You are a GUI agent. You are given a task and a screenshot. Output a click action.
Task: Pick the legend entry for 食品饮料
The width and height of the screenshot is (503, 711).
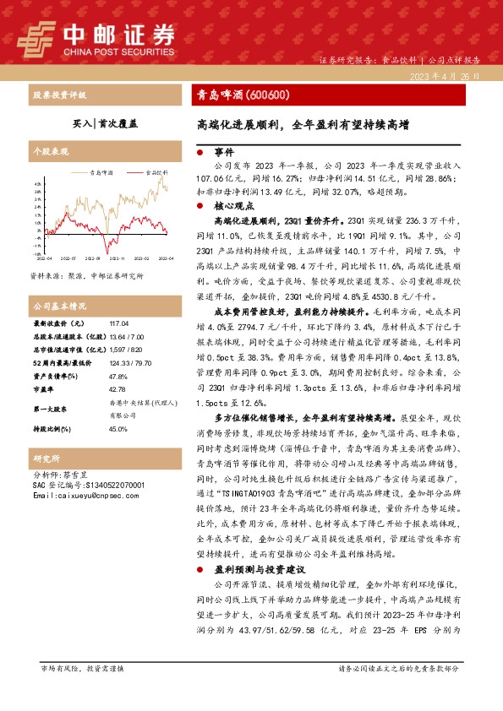154,171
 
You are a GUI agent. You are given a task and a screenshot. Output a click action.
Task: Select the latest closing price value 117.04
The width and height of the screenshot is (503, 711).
117,324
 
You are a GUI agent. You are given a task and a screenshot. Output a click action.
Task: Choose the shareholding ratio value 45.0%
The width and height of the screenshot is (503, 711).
117,429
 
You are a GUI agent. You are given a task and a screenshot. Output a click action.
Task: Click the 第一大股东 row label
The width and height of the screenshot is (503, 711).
50,409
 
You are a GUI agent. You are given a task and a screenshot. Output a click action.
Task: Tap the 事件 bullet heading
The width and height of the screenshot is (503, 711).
223,153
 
